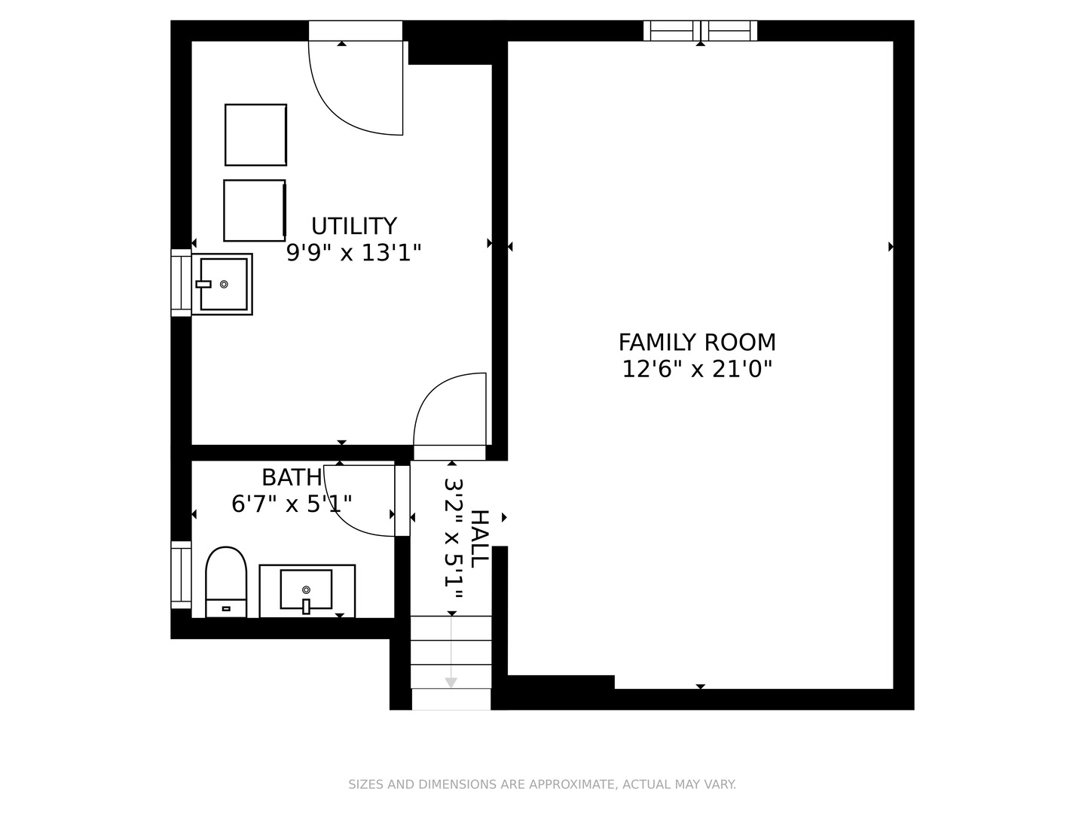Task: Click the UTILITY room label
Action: click(x=354, y=226)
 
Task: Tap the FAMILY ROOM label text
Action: click(x=697, y=343)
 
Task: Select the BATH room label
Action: click(x=292, y=477)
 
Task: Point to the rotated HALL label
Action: click(x=479, y=539)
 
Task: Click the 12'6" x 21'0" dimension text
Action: click(x=697, y=369)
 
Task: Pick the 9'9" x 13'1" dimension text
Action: click(x=354, y=253)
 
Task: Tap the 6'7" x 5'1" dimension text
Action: click(x=292, y=504)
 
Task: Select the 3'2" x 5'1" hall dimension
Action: click(x=453, y=538)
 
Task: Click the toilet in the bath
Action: click(x=226, y=581)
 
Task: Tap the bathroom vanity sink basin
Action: click(x=306, y=589)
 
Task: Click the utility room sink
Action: click(x=222, y=285)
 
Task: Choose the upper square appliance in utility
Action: click(x=255, y=135)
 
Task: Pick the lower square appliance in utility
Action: click(x=255, y=210)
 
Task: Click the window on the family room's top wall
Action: click(x=700, y=31)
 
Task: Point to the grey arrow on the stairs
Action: click(x=451, y=652)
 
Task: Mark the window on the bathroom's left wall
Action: click(x=181, y=574)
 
